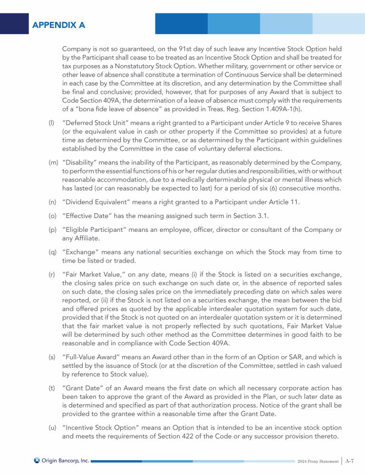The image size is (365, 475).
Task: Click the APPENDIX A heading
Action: [59, 25]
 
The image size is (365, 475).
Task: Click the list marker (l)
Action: [51, 123]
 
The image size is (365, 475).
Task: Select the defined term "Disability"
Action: [80, 163]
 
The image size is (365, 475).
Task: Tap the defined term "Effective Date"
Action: [86, 216]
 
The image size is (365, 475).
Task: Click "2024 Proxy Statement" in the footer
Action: [318, 460]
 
